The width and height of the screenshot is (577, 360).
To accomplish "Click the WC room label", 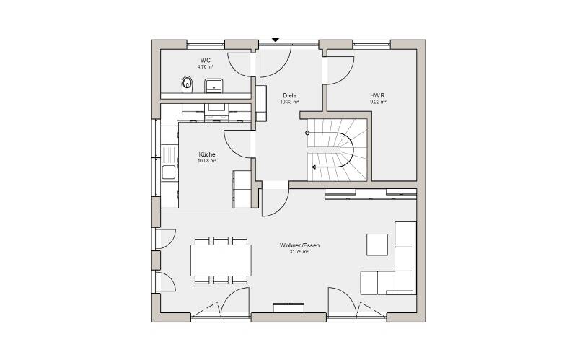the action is click(x=206, y=60).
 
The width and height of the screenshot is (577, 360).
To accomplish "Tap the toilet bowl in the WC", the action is click(x=187, y=84).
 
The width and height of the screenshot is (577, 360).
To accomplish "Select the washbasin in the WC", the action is click(x=213, y=85).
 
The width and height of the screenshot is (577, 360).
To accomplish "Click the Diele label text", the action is click(x=290, y=95).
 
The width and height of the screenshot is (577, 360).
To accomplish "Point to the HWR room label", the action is click(x=377, y=95).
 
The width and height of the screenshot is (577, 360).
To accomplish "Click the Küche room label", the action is click(x=207, y=154).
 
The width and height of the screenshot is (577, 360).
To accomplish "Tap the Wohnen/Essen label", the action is click(x=299, y=245).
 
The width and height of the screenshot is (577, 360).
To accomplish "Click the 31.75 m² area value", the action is click(x=299, y=252).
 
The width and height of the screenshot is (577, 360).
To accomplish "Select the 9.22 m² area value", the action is click(x=378, y=102).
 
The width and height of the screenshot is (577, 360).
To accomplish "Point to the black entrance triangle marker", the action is click(x=276, y=40).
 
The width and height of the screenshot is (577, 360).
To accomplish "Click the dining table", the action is click(x=221, y=260).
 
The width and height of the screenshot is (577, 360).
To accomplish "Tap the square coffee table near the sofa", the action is click(x=376, y=245).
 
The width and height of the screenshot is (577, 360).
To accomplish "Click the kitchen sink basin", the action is click(x=169, y=172).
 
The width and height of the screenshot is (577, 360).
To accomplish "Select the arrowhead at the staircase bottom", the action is click(x=314, y=167).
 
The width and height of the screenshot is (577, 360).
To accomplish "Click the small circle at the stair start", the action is click(x=308, y=133).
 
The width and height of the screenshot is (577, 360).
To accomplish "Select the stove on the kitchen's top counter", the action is click(x=217, y=112).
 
